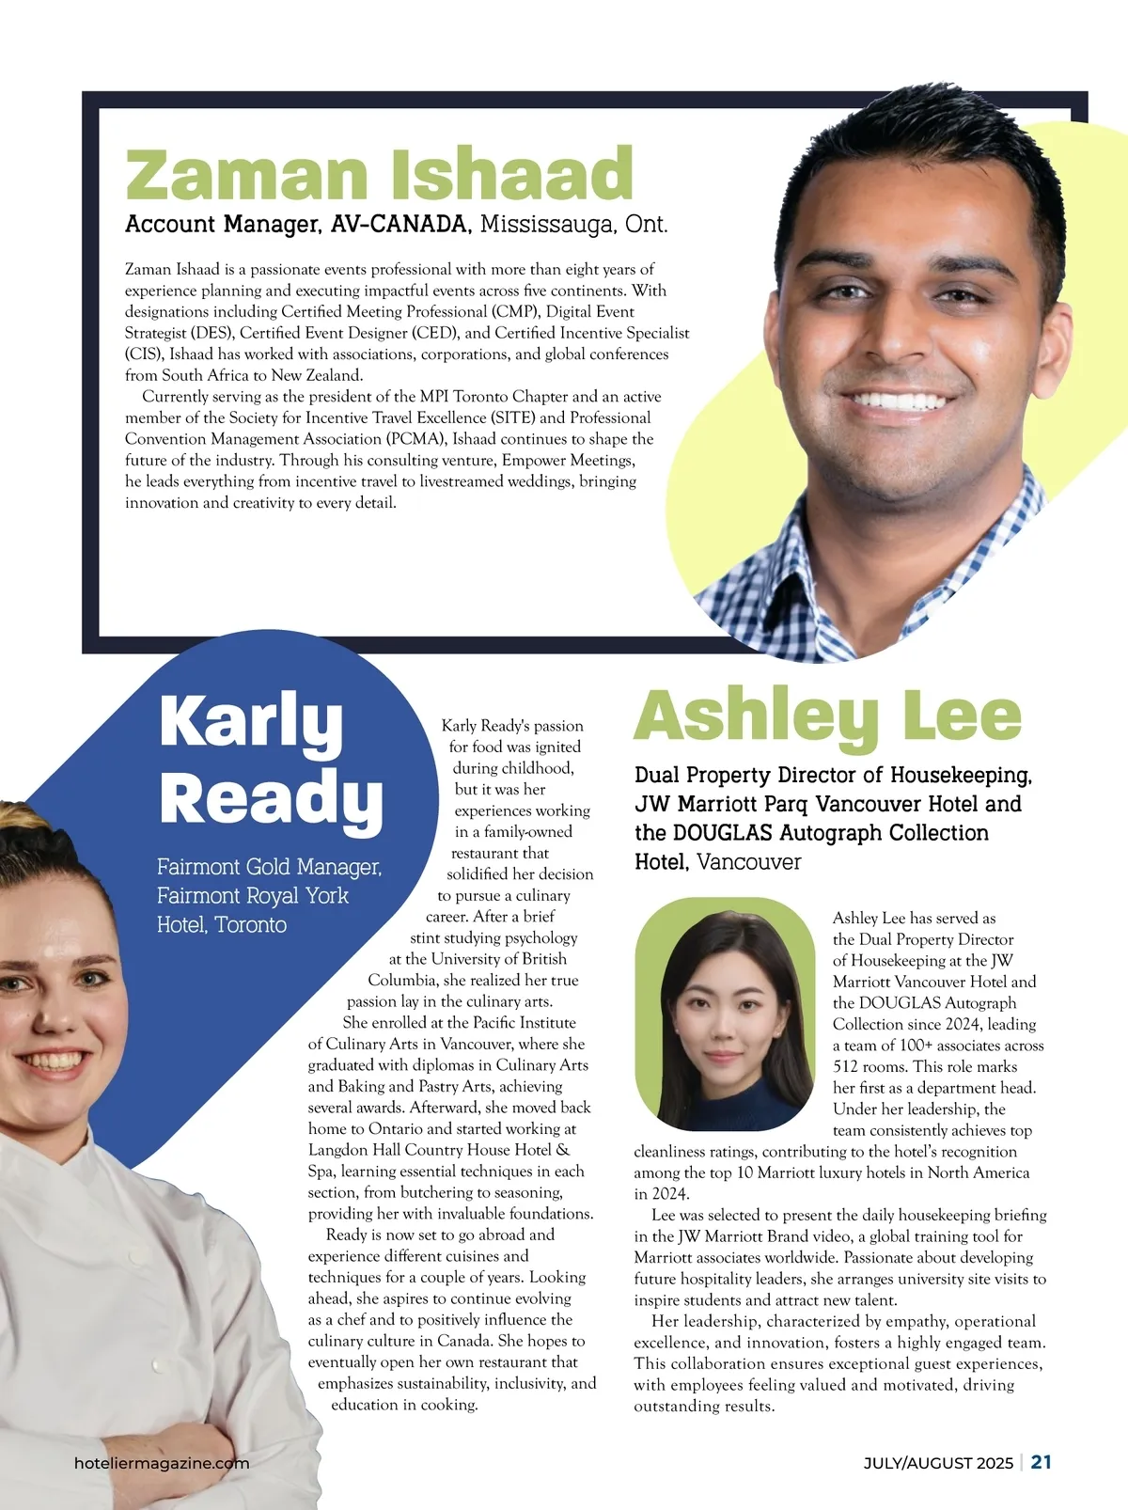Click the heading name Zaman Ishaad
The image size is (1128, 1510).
[379, 174]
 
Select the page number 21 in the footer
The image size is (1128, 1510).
[1042, 1462]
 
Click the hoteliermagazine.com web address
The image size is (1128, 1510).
[162, 1463]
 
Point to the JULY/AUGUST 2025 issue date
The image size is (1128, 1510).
[938, 1463]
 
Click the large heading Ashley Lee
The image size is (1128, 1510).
[827, 716]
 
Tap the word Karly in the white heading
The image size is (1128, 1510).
[251, 722]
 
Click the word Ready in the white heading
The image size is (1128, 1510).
[271, 799]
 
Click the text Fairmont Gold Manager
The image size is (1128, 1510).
[269, 867]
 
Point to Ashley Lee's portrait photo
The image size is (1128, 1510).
[724, 1015]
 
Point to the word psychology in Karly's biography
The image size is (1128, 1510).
[540, 937]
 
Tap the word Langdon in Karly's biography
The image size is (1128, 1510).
[337, 1150]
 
